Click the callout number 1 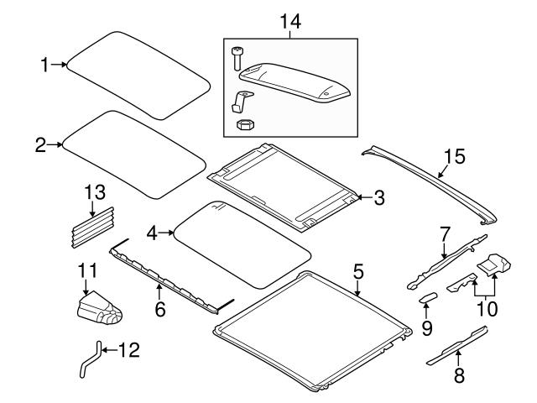pyautogui.click(x=46, y=64)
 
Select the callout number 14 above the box pyautogui.click(x=291, y=24)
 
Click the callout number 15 pyautogui.click(x=453, y=157)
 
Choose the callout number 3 pyautogui.click(x=379, y=198)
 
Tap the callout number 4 pyautogui.click(x=152, y=232)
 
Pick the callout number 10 pyautogui.click(x=486, y=308)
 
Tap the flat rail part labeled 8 pyautogui.click(x=457, y=347)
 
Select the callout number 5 pyautogui.click(x=358, y=271)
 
